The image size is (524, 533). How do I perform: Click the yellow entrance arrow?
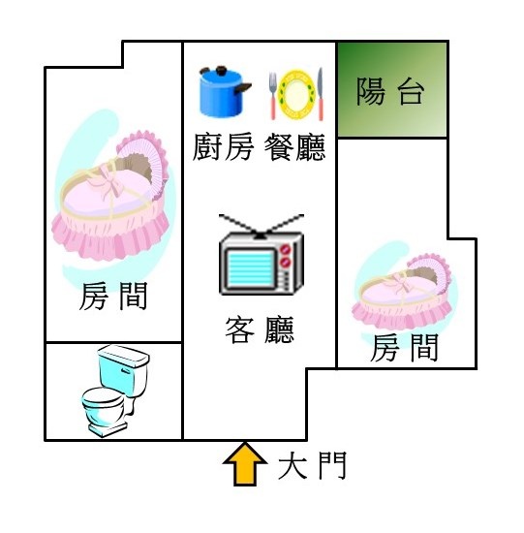(x=245, y=463)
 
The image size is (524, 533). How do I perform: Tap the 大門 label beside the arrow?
(x=312, y=465)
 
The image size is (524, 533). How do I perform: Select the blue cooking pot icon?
(x=225, y=91)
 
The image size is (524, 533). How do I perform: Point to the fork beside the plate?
(x=272, y=96)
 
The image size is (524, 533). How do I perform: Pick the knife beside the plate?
(x=320, y=94)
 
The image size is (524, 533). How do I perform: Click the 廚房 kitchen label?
(x=224, y=147)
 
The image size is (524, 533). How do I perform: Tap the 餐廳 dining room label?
(x=294, y=147)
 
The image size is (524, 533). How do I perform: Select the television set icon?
(x=261, y=254)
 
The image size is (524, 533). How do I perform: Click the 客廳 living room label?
(x=260, y=329)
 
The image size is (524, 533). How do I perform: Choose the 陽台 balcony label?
(x=390, y=91)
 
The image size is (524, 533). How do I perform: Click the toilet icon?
(x=115, y=391)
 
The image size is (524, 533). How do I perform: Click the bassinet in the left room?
(x=110, y=197)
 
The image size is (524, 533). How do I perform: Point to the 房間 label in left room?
(x=113, y=296)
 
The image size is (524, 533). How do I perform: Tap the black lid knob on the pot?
(x=222, y=70)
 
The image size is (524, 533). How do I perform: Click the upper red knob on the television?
(x=286, y=249)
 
